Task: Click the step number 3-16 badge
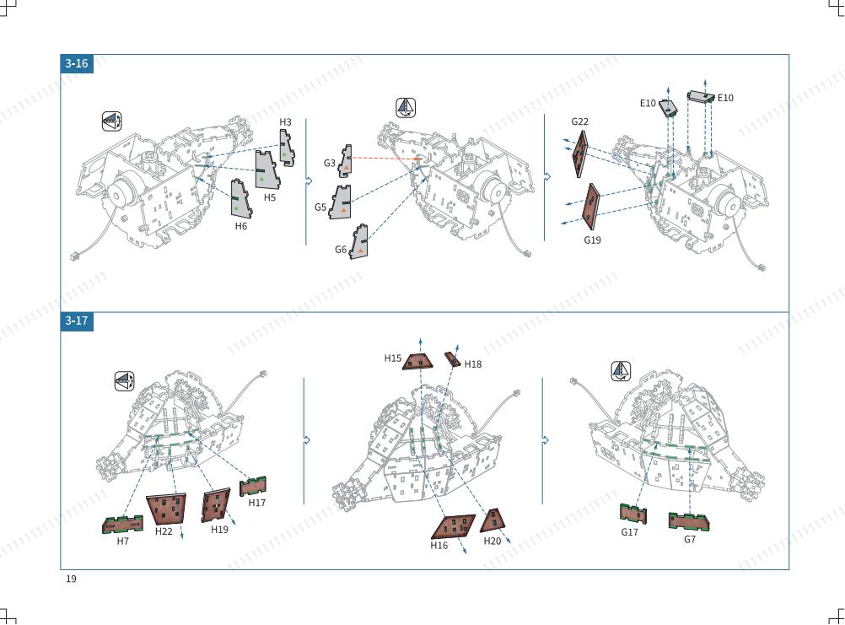click(x=77, y=63)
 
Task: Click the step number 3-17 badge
click(x=77, y=321)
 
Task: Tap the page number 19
click(x=71, y=579)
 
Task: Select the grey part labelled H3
click(x=287, y=148)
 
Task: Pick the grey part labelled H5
click(x=266, y=169)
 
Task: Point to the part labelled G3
click(x=345, y=161)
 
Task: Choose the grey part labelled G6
click(x=358, y=242)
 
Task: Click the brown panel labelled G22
click(x=581, y=154)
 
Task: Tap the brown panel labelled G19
click(x=591, y=207)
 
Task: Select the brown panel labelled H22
click(x=166, y=509)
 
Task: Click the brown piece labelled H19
click(x=216, y=505)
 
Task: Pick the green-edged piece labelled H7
click(x=123, y=525)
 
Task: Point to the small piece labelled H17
click(x=253, y=487)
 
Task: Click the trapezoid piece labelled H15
click(x=417, y=361)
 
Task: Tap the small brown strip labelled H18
click(x=453, y=359)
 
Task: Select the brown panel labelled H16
click(x=453, y=526)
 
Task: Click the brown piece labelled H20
click(x=492, y=520)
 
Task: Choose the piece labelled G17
click(x=633, y=515)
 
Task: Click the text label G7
click(x=690, y=539)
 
